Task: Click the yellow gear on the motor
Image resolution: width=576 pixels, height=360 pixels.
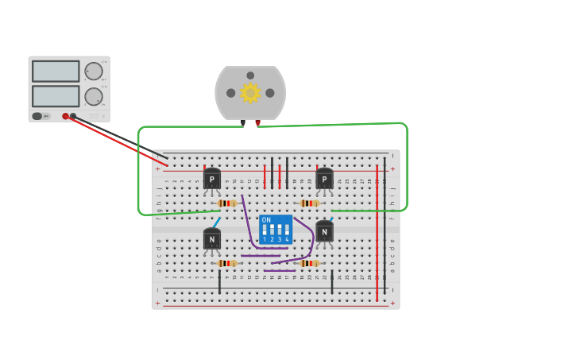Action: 250,93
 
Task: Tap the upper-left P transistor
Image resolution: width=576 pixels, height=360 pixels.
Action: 212,180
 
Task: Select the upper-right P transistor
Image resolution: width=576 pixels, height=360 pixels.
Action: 324,180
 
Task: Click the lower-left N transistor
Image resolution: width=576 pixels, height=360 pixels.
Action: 212,239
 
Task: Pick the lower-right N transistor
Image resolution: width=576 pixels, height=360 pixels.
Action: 324,232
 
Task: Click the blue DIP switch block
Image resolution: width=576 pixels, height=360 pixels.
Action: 276,230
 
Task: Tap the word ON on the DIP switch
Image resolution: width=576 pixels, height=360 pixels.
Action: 266,220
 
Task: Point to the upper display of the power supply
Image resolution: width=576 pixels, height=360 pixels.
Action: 56,72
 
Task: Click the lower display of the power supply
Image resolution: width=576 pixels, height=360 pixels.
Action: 56,96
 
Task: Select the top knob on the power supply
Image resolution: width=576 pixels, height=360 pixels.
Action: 94,71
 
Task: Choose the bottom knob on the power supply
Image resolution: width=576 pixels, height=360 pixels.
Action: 94,96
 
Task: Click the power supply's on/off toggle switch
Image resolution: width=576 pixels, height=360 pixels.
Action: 37,116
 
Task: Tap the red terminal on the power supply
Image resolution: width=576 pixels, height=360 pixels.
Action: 65,116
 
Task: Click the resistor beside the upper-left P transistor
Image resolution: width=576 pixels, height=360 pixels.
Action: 226,203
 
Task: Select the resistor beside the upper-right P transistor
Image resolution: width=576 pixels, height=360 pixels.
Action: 310,203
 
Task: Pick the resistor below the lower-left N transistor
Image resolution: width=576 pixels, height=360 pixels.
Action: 226,263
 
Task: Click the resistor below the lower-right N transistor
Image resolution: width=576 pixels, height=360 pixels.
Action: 310,263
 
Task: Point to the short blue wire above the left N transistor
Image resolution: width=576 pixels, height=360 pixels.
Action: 216,223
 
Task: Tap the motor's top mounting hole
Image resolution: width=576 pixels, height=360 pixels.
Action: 250,75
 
